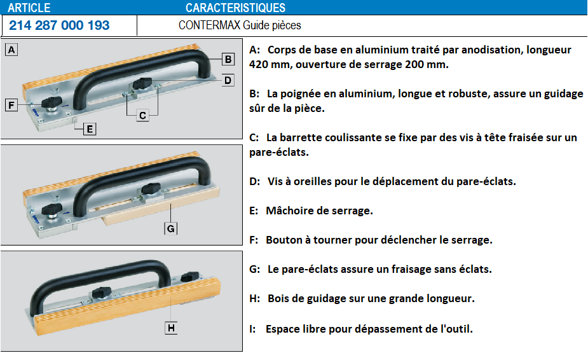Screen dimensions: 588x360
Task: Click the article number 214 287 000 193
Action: [x=59, y=25]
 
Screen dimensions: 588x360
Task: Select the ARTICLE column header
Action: [x=29, y=8]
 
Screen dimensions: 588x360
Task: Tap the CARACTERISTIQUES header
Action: [x=235, y=8]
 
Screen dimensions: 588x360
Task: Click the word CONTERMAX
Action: [x=209, y=25]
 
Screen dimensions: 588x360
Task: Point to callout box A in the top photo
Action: [x=11, y=50]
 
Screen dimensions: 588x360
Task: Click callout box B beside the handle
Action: [x=228, y=59]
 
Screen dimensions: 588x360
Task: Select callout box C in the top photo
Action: [x=142, y=115]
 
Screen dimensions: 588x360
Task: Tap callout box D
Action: [x=228, y=80]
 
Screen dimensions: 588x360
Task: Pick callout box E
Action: [x=90, y=129]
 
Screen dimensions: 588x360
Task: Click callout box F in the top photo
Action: [x=11, y=105]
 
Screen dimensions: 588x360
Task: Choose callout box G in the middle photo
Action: [x=170, y=228]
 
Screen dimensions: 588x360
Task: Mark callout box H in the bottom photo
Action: [x=171, y=328]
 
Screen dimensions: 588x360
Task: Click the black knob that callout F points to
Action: [x=51, y=102]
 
